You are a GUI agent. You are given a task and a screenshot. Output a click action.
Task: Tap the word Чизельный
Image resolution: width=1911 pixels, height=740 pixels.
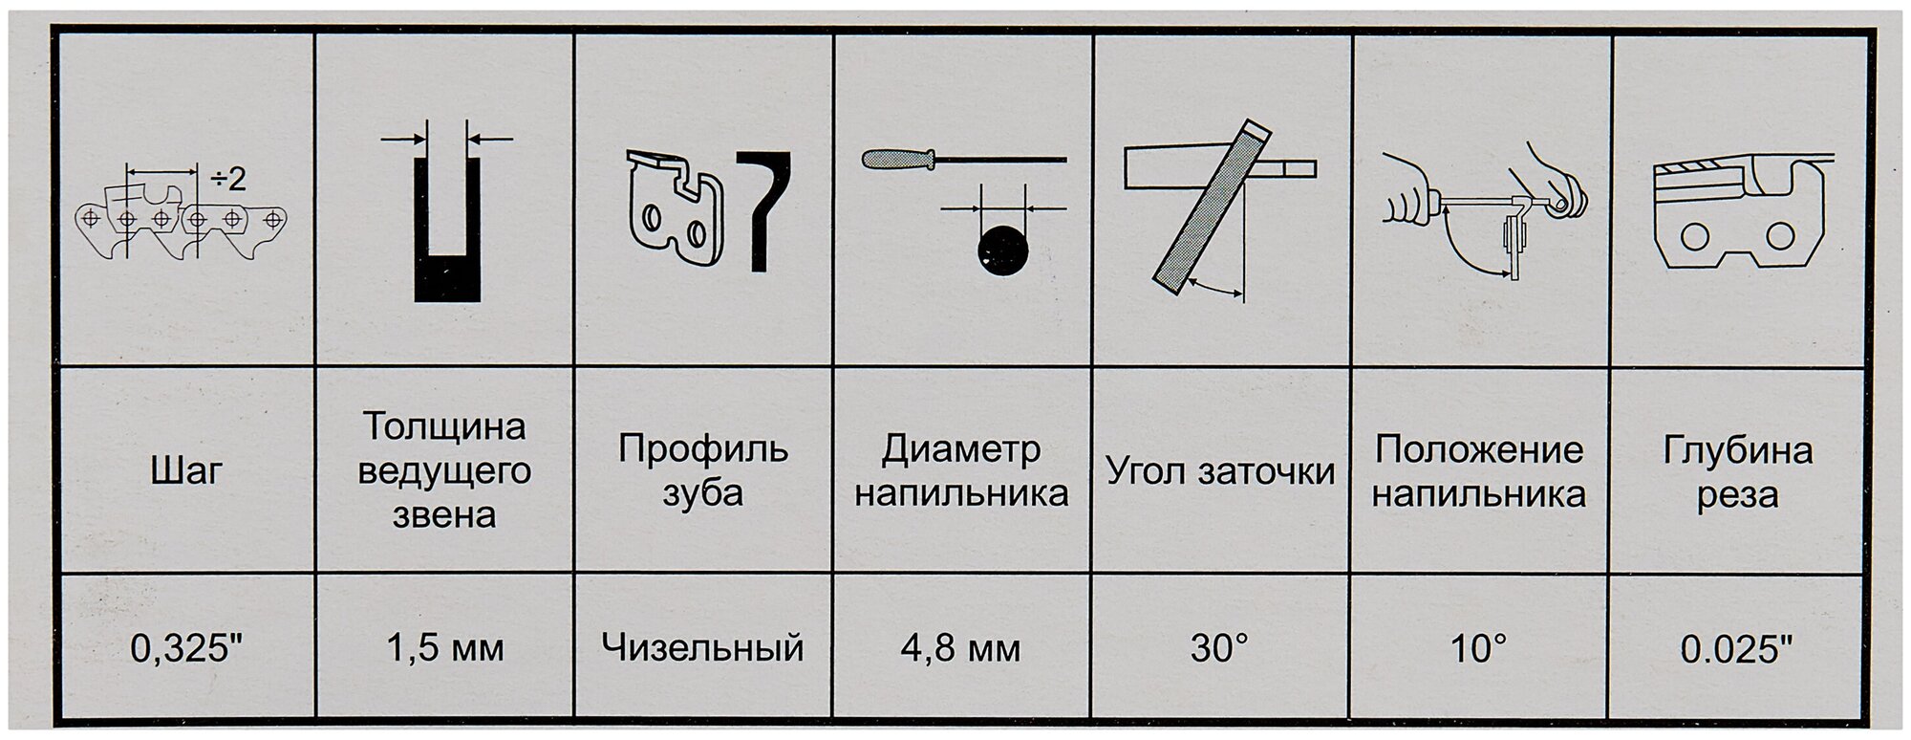pos(702,649)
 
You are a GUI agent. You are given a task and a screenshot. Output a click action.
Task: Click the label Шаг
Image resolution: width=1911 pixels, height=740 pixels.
pos(187,471)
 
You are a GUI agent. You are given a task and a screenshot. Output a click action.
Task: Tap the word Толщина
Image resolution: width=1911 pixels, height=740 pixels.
pos(444,426)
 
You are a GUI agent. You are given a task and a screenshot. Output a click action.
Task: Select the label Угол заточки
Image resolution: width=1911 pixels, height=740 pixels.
pos(1220,471)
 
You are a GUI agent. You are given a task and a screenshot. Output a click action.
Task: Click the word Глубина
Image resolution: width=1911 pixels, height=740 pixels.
pos(1737,450)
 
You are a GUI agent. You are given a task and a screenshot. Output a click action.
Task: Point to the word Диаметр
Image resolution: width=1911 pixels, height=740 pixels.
pos(960,449)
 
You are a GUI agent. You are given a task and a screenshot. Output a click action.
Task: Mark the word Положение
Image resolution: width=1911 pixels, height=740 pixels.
pos(1478,449)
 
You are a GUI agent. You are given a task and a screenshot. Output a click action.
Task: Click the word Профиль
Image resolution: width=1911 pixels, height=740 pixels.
pos(702,448)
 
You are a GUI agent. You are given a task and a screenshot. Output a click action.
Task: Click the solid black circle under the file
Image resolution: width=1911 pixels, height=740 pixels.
pos(1001,250)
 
